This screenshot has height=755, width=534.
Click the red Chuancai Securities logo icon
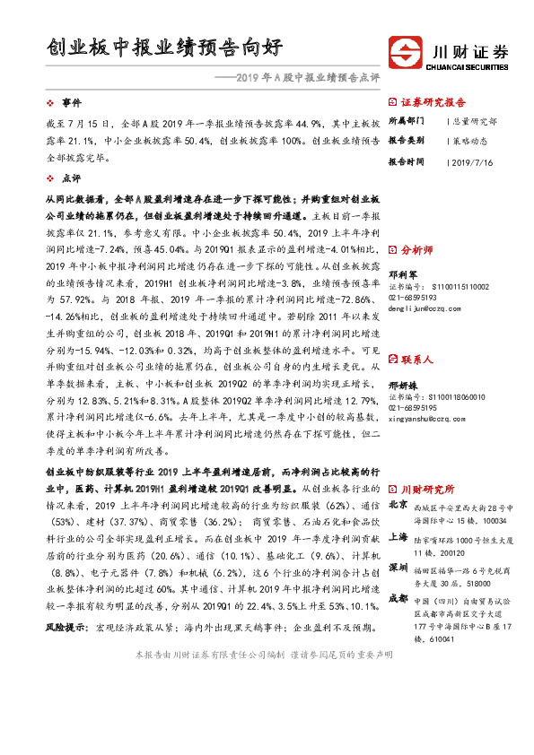coord(407,53)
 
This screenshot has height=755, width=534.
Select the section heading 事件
coord(71,102)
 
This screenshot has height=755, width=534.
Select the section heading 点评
coord(71,178)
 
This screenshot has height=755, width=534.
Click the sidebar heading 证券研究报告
coord(433,102)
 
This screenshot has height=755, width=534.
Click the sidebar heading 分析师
coord(418,250)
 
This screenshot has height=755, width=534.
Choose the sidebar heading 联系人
coord(418,360)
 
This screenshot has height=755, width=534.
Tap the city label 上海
coord(398,538)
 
